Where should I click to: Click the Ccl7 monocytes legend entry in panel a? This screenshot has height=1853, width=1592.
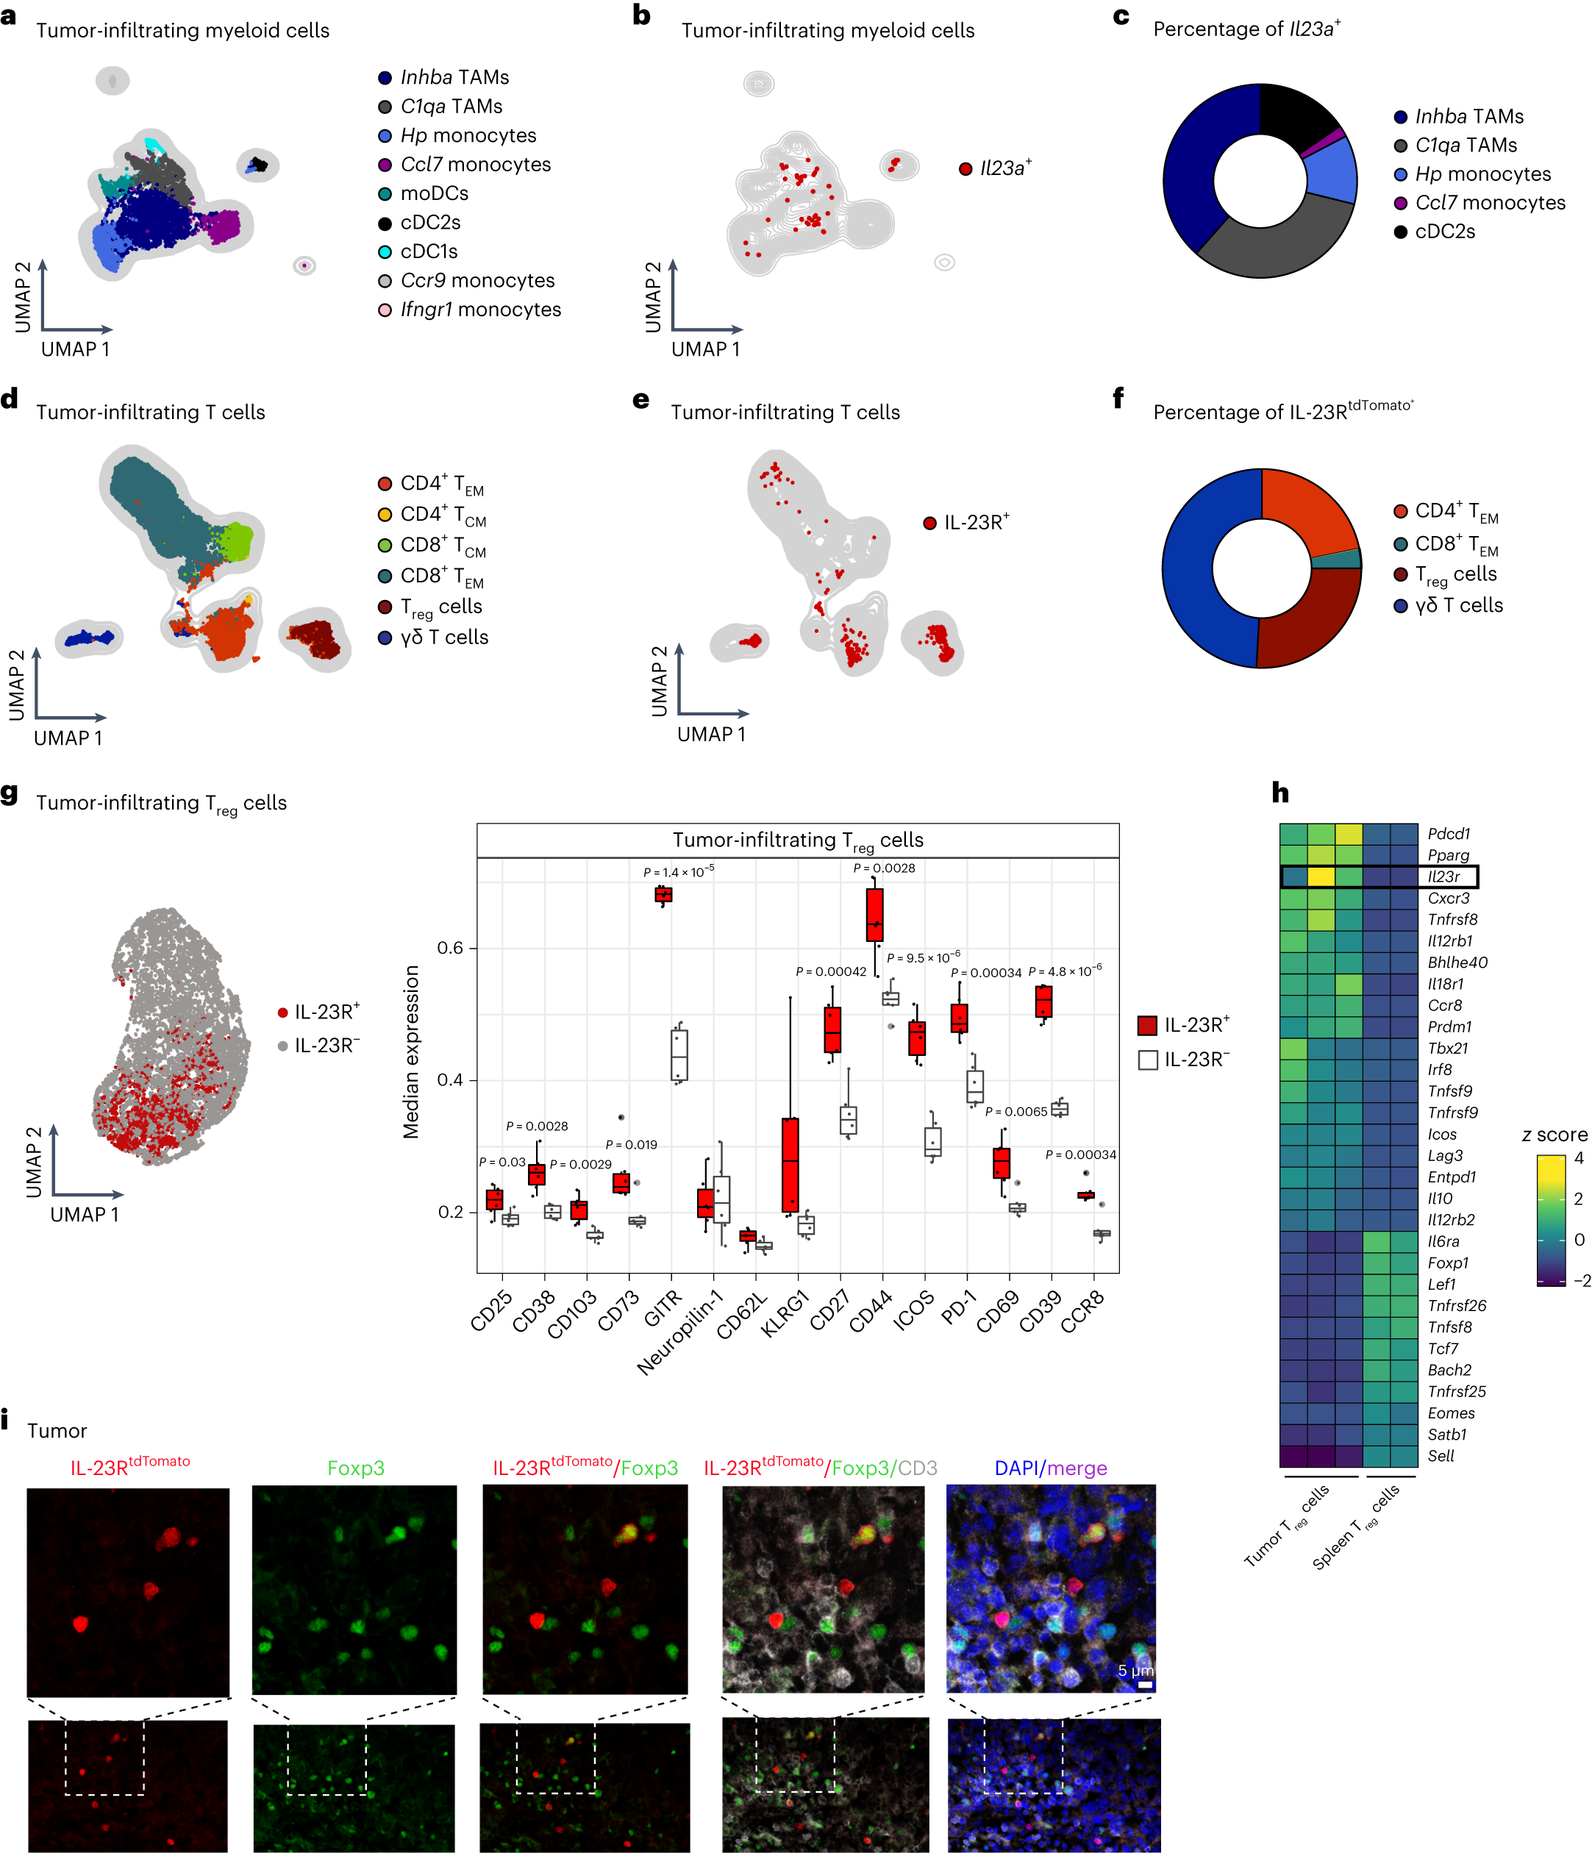pyautogui.click(x=475, y=165)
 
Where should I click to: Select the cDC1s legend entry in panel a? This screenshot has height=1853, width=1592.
pyautogui.click(x=429, y=251)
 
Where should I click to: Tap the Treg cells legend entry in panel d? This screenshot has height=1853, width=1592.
pyautogui.click(x=441, y=607)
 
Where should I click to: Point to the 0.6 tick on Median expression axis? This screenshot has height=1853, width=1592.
pyautogui.click(x=450, y=948)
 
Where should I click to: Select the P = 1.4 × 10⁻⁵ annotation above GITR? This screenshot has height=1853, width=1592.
pyautogui.click(x=678, y=872)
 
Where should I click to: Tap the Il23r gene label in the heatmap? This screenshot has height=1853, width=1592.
pyautogui.click(x=1443, y=876)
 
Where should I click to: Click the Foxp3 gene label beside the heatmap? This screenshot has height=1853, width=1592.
pyautogui.click(x=1447, y=1263)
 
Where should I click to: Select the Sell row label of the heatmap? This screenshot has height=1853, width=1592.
pyautogui.click(x=1440, y=1456)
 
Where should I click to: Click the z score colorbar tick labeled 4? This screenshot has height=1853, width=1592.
pyautogui.click(x=1579, y=1158)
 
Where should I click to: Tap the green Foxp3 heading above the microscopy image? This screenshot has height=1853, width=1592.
pyautogui.click(x=355, y=1468)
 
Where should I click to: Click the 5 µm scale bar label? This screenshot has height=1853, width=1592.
pyautogui.click(x=1135, y=1671)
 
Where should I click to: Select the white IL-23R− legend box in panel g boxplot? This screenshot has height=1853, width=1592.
pyautogui.click(x=1148, y=1060)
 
